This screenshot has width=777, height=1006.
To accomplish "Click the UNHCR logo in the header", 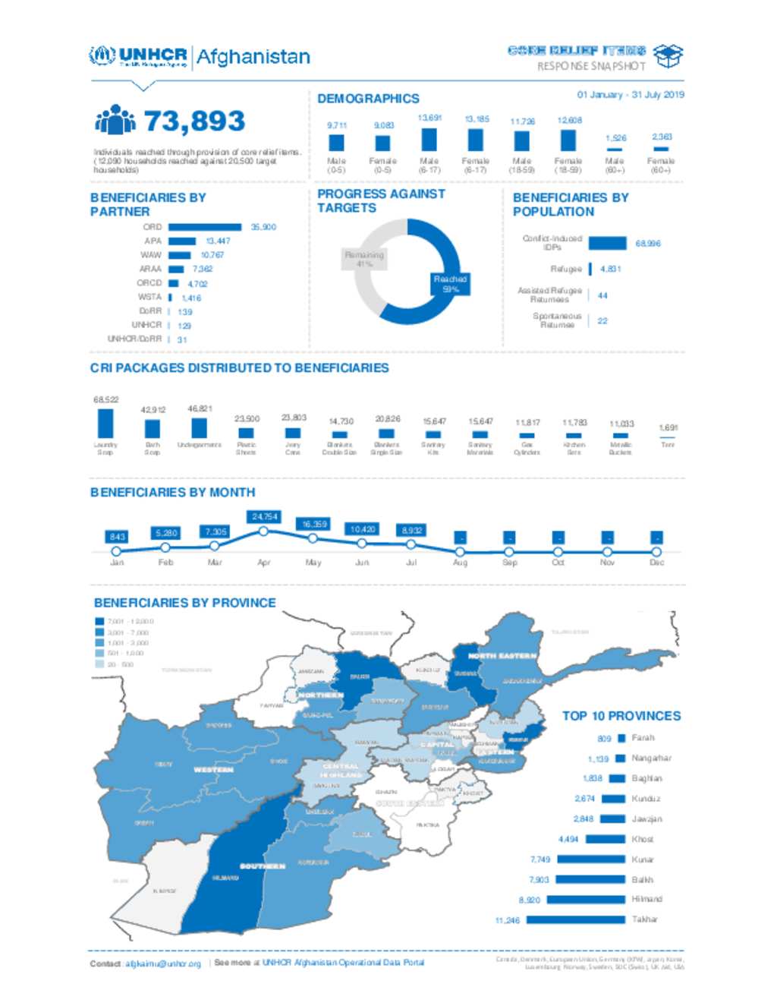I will [x=138, y=56].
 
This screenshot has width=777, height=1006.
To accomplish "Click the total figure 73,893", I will [x=194, y=121].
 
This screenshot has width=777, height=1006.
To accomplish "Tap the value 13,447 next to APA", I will [x=218, y=241].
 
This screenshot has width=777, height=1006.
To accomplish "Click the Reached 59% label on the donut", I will [x=450, y=284].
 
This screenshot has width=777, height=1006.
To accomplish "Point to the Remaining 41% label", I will [x=364, y=259].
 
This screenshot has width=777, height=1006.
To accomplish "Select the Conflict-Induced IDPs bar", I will [x=607, y=243].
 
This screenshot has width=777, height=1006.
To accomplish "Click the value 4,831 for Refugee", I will [x=610, y=269].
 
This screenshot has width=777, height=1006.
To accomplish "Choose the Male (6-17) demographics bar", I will [x=429, y=140].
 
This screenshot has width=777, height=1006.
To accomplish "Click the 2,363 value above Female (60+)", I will [x=662, y=137].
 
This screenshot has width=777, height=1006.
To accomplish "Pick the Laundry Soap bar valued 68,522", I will [x=105, y=423].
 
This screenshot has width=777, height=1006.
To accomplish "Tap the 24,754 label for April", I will [x=264, y=516].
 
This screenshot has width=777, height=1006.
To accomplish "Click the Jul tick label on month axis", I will [x=411, y=563].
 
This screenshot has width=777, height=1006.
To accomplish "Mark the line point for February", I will [x=165, y=547].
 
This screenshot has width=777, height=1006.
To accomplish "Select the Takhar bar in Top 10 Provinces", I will [x=575, y=919].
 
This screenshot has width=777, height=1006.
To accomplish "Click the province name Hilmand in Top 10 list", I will [x=646, y=899].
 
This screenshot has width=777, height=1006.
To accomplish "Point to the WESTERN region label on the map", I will [x=213, y=770].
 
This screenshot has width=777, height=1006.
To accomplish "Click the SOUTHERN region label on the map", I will [x=263, y=866].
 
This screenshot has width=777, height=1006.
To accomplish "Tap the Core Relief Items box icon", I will [x=668, y=55].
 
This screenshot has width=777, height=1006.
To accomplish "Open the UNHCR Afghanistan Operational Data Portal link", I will [x=343, y=963].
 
